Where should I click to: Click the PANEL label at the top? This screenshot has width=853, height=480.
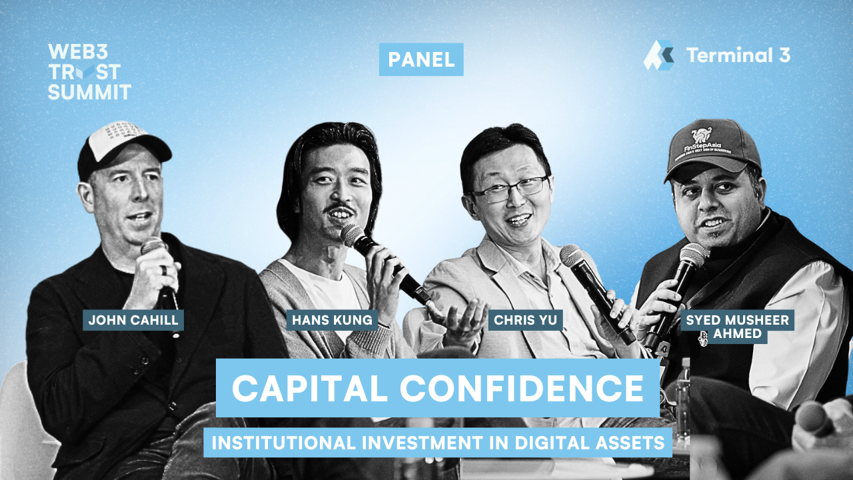click(x=421, y=59)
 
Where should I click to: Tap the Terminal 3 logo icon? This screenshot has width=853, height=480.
click(x=658, y=55)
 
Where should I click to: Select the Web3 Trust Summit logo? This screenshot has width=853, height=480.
click(x=89, y=71)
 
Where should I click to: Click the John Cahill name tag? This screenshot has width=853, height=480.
click(x=133, y=320)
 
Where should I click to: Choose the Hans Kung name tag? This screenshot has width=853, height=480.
click(x=333, y=320)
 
